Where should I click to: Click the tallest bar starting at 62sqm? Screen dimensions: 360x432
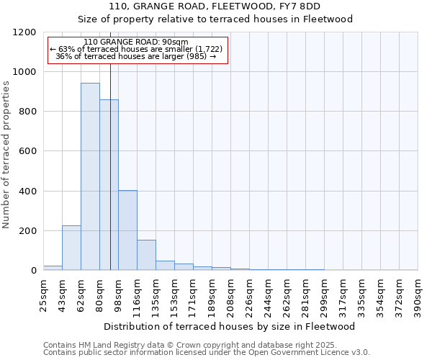pyautogui.click(x=90, y=176)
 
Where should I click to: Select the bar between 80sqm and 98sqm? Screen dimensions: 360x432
pyautogui.click(x=109, y=185)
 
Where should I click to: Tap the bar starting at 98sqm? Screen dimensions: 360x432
pyautogui.click(x=127, y=230)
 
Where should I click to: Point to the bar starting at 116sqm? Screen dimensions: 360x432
pyautogui.click(x=146, y=255)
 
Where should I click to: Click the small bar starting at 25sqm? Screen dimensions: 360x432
pyautogui.click(x=53, y=268)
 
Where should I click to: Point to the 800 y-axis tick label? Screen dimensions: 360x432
pyautogui.click(x=27, y=112)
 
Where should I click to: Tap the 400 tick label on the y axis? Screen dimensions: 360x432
pyautogui.click(x=27, y=192)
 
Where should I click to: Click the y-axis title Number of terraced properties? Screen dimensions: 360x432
pyautogui.click(x=6, y=155)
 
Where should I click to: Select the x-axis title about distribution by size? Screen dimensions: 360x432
pyautogui.click(x=230, y=327)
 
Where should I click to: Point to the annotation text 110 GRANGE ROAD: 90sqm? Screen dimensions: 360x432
pyautogui.click(x=135, y=42)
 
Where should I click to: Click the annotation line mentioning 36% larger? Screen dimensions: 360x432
pyautogui.click(x=135, y=56)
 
